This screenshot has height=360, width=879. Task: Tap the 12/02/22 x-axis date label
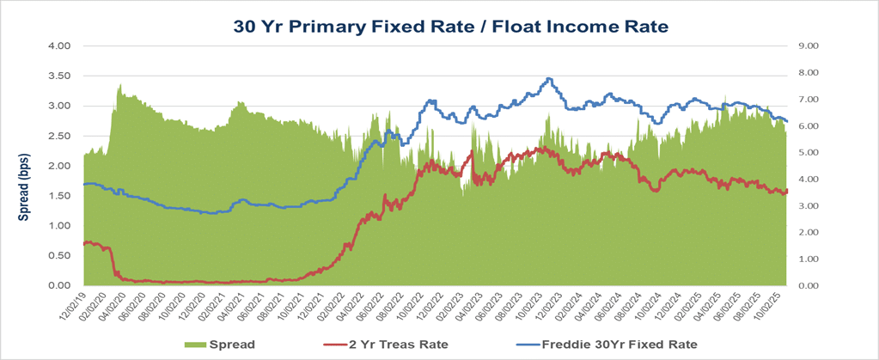coord(433,308)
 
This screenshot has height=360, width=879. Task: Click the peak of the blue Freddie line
coord(550,79)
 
